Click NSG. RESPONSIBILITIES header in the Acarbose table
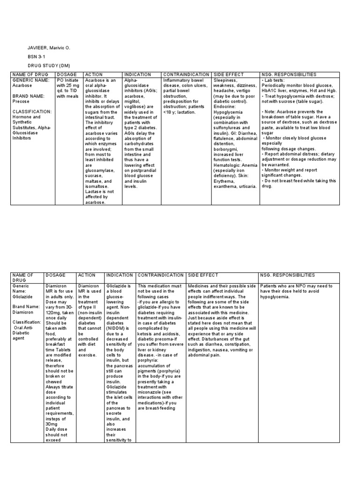(289, 75)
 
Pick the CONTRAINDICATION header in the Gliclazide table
(160, 275)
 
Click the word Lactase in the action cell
(93, 192)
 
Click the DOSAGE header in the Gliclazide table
(55, 275)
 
